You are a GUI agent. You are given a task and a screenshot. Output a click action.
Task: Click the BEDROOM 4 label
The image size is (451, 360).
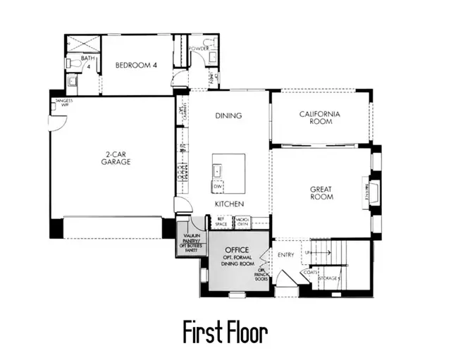click(x=137, y=66)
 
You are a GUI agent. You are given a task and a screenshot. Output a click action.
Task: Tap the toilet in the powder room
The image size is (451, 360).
click(x=208, y=44)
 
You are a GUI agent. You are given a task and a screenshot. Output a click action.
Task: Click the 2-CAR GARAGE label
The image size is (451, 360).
click(x=116, y=158)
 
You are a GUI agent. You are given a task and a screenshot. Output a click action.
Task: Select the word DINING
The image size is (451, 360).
click(x=228, y=116)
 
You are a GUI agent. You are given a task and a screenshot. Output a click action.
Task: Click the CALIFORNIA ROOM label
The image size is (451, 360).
click(x=320, y=118)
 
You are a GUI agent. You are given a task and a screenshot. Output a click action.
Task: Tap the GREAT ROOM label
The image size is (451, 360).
click(x=321, y=192)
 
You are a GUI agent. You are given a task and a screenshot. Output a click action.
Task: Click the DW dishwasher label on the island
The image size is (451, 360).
click(x=218, y=186)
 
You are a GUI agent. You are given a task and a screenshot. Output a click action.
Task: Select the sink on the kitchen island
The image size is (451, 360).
click(x=218, y=170)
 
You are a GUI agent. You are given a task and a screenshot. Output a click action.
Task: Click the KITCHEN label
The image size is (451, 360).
click(x=229, y=204)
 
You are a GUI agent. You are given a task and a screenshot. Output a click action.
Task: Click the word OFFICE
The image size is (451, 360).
click(x=236, y=251)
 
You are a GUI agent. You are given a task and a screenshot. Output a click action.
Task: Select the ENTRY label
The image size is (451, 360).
click(x=286, y=255)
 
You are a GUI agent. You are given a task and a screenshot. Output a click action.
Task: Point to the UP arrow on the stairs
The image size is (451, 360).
click(x=309, y=252)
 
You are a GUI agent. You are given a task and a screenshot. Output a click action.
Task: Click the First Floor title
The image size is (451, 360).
click(x=225, y=331)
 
